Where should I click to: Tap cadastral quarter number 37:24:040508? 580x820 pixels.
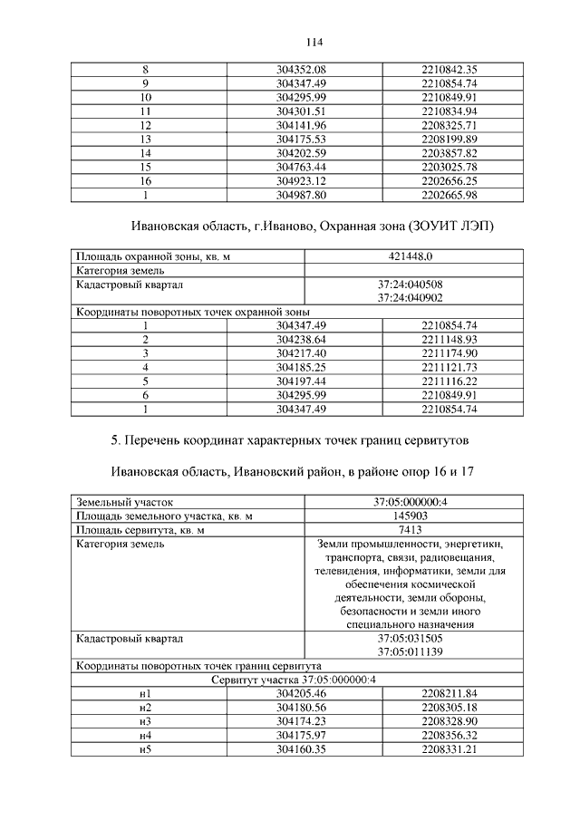point(410,284)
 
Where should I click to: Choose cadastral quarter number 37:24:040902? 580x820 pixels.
point(410,297)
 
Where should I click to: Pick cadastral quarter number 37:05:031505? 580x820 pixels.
point(410,638)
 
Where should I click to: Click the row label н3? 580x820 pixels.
point(144,721)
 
